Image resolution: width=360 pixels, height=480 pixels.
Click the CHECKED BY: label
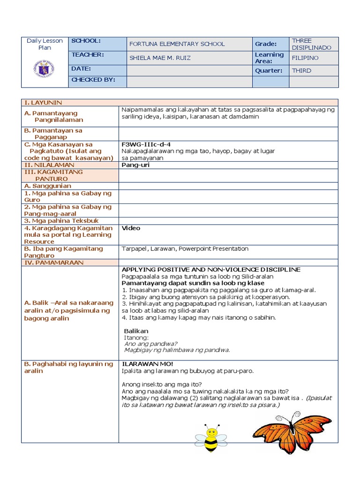point(93,80)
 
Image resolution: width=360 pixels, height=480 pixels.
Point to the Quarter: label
point(269,71)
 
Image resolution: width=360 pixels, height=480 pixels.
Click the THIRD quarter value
point(301,71)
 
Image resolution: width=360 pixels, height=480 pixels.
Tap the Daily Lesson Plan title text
point(45,44)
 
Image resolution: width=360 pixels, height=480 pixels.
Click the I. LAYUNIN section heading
point(43,103)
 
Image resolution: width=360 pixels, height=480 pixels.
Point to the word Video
point(131,228)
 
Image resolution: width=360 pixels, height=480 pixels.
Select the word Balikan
point(136,331)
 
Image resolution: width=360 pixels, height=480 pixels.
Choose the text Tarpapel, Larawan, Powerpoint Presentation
point(185,249)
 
